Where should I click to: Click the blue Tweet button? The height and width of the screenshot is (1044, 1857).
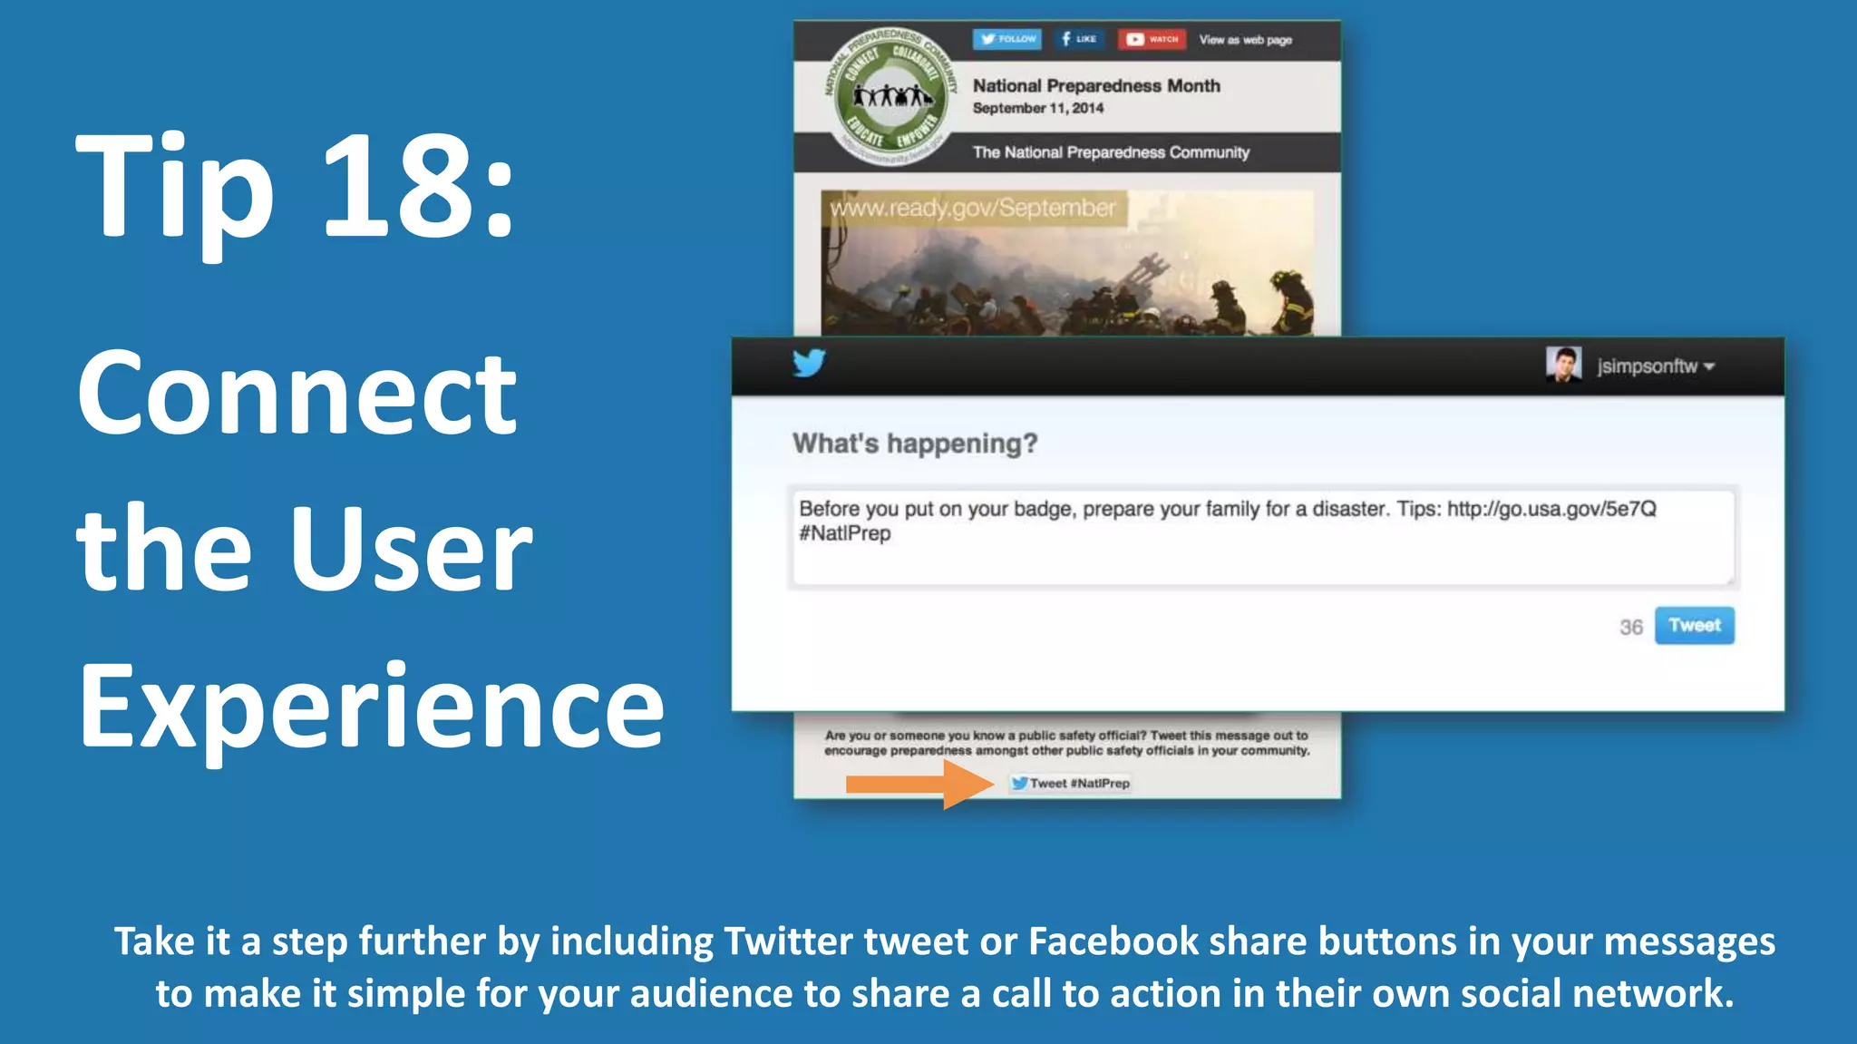(1694, 626)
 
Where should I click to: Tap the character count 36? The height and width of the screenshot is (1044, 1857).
(1630, 628)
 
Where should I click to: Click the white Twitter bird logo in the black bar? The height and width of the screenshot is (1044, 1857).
(809, 363)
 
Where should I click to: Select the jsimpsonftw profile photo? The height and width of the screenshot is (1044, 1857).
(1563, 365)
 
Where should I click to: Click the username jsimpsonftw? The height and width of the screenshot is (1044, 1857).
(1647, 366)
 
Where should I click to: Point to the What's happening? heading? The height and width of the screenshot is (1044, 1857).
(914, 444)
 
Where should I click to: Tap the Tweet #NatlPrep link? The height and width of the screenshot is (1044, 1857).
(1071, 784)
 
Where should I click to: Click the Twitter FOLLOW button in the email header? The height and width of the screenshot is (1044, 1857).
(1007, 39)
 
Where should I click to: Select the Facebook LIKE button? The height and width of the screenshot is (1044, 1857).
(1078, 39)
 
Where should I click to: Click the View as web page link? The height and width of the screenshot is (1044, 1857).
(1245, 40)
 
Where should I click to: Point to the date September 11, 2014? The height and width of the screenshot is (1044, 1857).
(1037, 108)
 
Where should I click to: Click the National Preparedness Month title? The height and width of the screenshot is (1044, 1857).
(1095, 85)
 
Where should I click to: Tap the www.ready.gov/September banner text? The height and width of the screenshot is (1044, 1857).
(972, 208)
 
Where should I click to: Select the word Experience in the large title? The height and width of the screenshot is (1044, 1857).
(371, 707)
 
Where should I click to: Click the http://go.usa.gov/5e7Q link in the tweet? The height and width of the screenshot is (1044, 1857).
(1551, 509)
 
